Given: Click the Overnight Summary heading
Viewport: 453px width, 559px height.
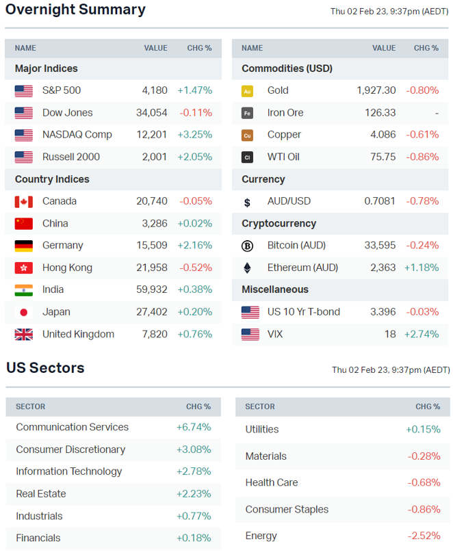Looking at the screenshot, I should (x=75, y=10).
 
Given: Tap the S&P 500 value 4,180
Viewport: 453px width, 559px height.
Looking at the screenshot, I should (x=155, y=90).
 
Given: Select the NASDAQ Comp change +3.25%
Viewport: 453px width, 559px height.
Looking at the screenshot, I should (x=195, y=135).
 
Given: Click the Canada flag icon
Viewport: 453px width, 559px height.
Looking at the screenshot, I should (x=24, y=201).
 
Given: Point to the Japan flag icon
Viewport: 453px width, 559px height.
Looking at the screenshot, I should (x=24, y=312).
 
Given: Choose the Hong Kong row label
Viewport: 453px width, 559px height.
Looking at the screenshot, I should (x=67, y=268).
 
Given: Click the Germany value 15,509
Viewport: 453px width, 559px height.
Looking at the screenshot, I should (x=152, y=246).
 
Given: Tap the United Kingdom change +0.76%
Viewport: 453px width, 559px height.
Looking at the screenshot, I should (x=195, y=335).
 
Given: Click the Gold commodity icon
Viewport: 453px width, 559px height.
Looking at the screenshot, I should (x=247, y=91).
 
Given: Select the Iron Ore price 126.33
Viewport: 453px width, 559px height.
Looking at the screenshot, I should (x=383, y=113).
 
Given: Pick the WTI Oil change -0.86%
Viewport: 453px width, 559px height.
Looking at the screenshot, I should (x=422, y=157).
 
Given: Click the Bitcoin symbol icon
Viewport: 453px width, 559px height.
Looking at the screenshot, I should (x=247, y=246).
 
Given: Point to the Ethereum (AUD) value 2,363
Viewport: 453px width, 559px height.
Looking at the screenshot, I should (x=383, y=268).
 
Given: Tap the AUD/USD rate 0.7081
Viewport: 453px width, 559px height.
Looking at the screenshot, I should (x=380, y=201).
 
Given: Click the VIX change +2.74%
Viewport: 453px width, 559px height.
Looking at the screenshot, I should (x=422, y=335).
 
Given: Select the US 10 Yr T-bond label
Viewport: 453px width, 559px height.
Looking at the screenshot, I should (x=303, y=312).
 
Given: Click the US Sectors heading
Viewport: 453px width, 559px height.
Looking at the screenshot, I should (x=46, y=368).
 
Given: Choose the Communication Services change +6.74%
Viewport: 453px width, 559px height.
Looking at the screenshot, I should (x=194, y=427).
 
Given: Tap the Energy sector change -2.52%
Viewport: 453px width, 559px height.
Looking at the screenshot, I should (x=424, y=536).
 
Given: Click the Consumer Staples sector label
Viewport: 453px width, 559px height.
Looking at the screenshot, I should (x=287, y=509).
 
